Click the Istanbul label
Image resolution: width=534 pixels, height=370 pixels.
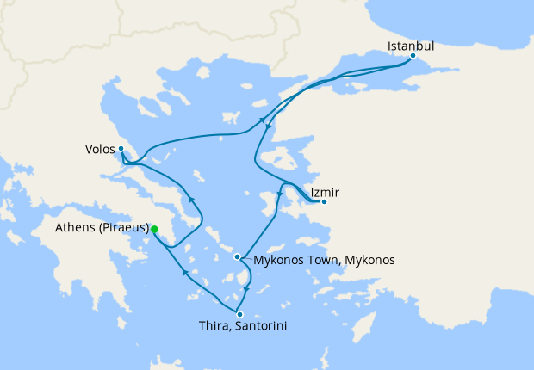pyautogui.click(x=410, y=45)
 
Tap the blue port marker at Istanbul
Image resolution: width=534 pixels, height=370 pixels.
pyautogui.click(x=413, y=57)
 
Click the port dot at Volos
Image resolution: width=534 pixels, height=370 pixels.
pyautogui.click(x=121, y=148)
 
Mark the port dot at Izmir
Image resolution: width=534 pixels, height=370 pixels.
pyautogui.click(x=323, y=202)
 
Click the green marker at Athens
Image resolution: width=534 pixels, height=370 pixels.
pyautogui.click(x=154, y=229)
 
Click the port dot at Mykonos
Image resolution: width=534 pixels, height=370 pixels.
pyautogui.click(x=237, y=256)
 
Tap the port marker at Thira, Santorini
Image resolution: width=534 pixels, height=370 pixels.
pyautogui.click(x=239, y=314)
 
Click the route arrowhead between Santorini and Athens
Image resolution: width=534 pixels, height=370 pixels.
pyautogui.click(x=185, y=274)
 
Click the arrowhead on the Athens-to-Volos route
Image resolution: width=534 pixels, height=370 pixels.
pyautogui.click(x=192, y=200)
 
